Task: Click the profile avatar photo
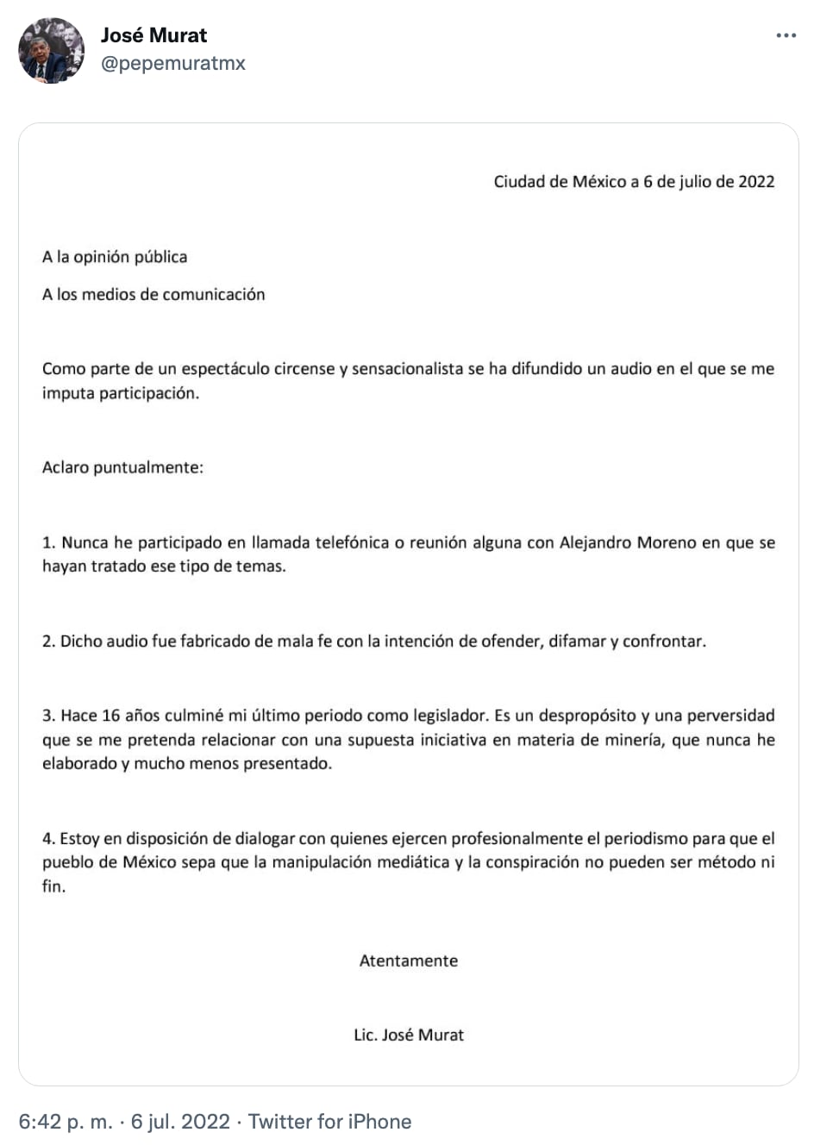pos(52,50)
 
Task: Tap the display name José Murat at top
pos(153,35)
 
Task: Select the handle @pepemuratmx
pos(172,63)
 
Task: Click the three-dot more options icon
pos(786,36)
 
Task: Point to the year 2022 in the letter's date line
pos(756,182)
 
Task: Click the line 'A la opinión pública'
pos(115,257)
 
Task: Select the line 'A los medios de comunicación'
pos(153,294)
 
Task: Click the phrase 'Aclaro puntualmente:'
pos(122,468)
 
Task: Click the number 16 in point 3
pos(110,716)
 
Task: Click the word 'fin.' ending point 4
pos(53,886)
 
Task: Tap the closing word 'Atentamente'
pos(409,961)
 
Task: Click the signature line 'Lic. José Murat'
pos(409,1036)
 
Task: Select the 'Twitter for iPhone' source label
pos(329,1122)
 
